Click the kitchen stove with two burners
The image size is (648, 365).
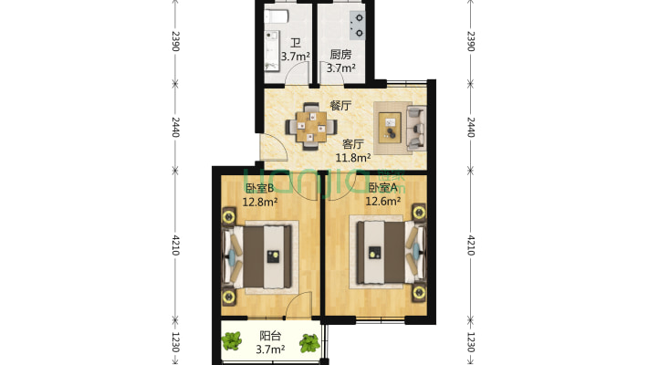pos(358,26)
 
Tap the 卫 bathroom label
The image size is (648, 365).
pos(295,43)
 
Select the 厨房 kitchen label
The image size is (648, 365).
pos(340,55)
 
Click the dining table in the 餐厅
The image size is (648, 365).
pos(311,126)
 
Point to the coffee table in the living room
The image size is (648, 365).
pos(390,128)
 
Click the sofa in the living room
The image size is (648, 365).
pos(416,128)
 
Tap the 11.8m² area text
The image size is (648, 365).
pos(352,158)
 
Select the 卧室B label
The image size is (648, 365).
pos(259,189)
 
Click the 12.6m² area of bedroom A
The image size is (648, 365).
pos(382,202)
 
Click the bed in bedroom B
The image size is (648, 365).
pos(257,256)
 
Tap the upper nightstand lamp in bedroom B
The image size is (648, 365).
pos(229,216)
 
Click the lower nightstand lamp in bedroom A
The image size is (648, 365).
pos(419,293)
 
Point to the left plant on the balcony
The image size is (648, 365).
pos(232,341)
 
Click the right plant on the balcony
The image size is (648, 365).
pos(309,343)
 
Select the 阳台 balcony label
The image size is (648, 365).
pos(270,336)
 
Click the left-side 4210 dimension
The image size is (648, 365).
pos(175,245)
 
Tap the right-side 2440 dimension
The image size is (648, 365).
pos(470,128)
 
